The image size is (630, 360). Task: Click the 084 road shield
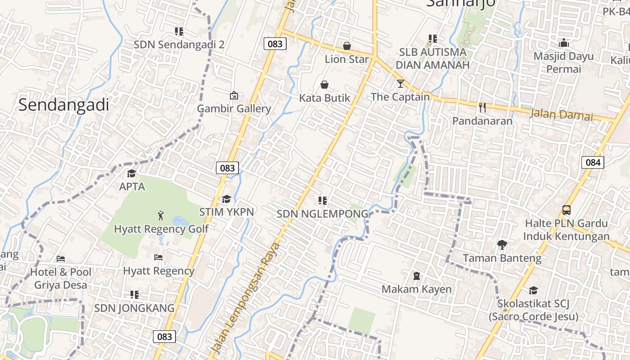click(593, 162)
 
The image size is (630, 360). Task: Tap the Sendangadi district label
click(64, 105)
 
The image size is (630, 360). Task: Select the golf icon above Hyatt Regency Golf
click(161, 216)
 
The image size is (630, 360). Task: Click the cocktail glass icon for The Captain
click(400, 84)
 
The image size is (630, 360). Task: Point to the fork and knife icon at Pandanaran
click(482, 108)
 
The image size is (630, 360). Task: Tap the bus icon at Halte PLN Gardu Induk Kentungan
click(567, 210)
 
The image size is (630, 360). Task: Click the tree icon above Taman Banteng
click(502, 245)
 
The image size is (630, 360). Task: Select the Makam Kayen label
click(416, 289)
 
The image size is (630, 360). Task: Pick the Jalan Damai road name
click(561, 114)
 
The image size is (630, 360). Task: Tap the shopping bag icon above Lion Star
click(347, 46)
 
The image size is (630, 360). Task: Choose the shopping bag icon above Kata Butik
click(324, 85)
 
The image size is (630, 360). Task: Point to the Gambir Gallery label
click(234, 108)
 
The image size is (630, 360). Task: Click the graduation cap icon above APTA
click(132, 173)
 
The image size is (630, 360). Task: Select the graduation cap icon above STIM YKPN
click(226, 199)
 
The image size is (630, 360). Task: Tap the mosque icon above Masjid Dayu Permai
click(563, 43)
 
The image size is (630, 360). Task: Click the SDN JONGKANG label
click(134, 308)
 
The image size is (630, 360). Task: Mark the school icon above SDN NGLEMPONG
click(322, 201)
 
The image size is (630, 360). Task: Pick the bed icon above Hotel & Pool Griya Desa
click(61, 259)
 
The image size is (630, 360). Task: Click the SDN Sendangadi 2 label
click(179, 45)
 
